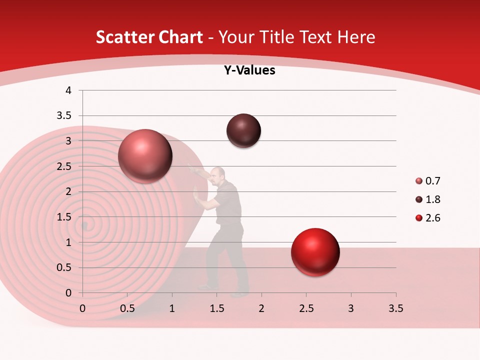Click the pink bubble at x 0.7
pyautogui.click(x=145, y=156)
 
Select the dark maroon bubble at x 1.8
pyautogui.click(x=243, y=131)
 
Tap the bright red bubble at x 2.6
pyautogui.click(x=315, y=252)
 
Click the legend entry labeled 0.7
pyautogui.click(x=432, y=181)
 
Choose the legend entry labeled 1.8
pyautogui.click(x=432, y=199)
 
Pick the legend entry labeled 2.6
pyautogui.click(x=432, y=218)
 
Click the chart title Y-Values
pyautogui.click(x=249, y=70)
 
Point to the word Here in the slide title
pyautogui.click(x=355, y=37)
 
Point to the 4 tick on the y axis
pyautogui.click(x=68, y=90)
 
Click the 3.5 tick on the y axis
pyautogui.click(x=65, y=115)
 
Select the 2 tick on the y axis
pyautogui.click(x=68, y=191)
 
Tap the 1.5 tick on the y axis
pyautogui.click(x=65, y=217)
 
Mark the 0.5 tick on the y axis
pyautogui.click(x=65, y=267)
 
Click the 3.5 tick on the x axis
pyautogui.click(x=395, y=308)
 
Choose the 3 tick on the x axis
pyautogui.click(x=351, y=308)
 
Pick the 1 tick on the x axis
pyautogui.click(x=172, y=308)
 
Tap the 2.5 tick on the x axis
pyautogui.click(x=306, y=308)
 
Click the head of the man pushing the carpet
pyautogui.click(x=217, y=174)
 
